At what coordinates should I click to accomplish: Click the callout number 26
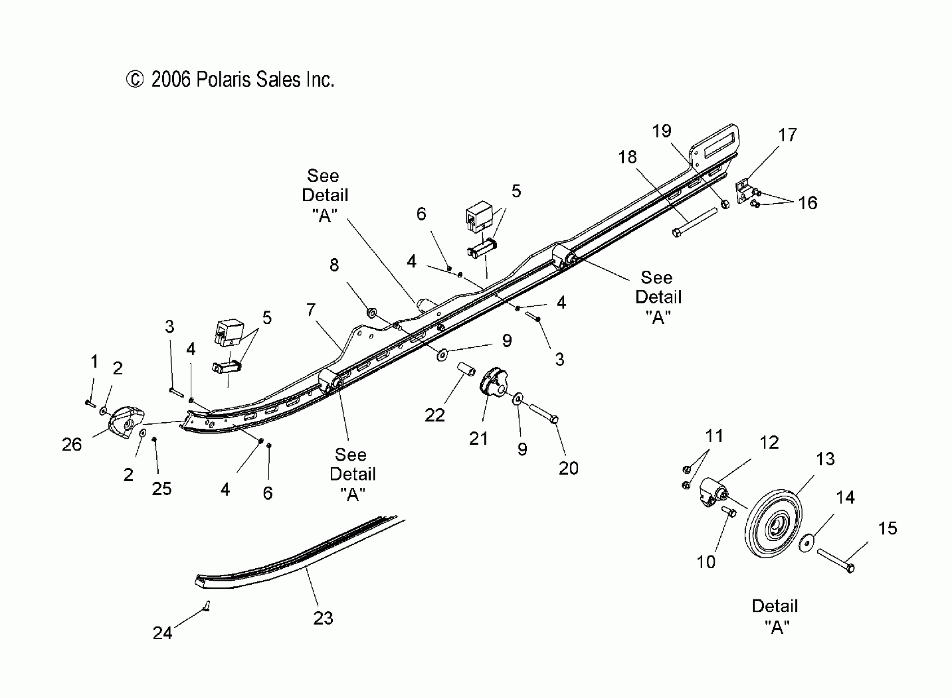(x=71, y=445)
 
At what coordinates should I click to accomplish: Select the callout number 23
(x=323, y=618)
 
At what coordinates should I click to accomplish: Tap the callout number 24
(x=162, y=633)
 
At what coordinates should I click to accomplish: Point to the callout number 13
(x=825, y=459)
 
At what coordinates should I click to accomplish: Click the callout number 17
(x=788, y=135)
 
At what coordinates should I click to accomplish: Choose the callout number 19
(x=662, y=131)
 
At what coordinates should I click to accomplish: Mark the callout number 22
(x=435, y=415)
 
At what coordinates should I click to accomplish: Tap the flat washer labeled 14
(x=807, y=542)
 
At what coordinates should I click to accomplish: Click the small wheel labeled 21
(x=493, y=382)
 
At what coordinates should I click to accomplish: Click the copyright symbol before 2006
(x=135, y=80)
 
